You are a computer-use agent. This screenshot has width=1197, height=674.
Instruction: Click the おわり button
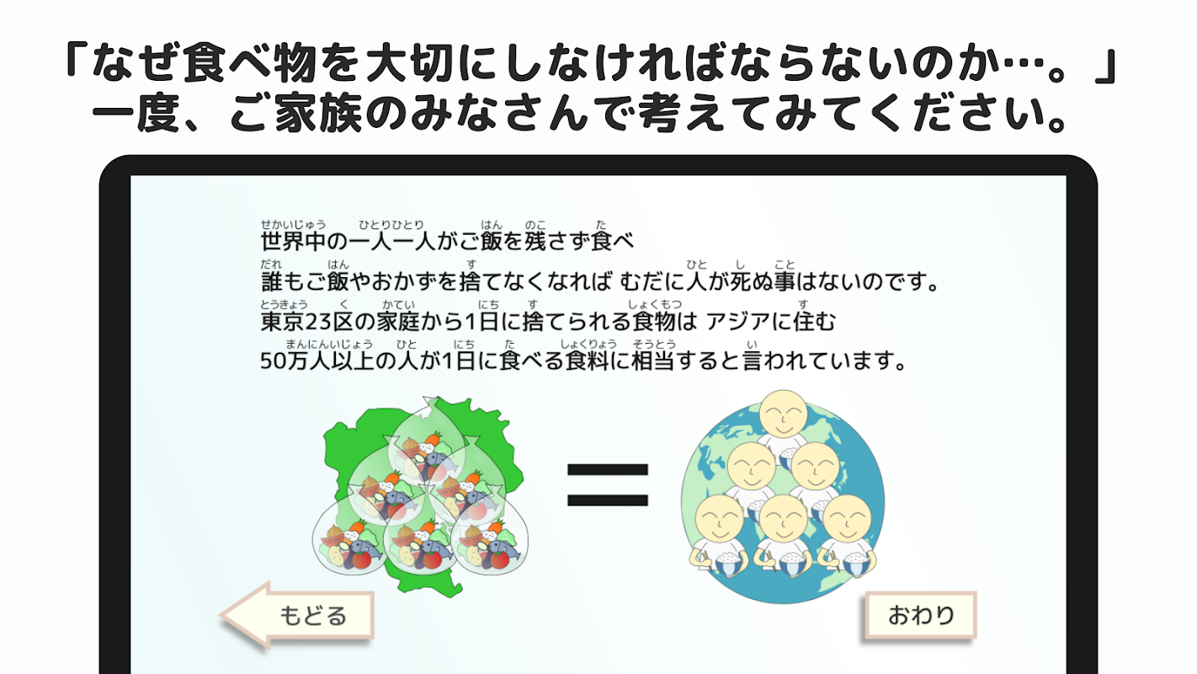pos(921,615)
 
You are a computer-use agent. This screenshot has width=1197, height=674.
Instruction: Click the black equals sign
pos(608,484)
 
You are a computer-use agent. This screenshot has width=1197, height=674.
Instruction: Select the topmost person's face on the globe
pos(784,414)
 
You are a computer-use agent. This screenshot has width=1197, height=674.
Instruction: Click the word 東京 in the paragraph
pos(282,322)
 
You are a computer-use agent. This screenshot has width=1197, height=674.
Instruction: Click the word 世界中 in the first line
pos(293,241)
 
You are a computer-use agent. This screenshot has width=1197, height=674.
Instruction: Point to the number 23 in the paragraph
pos(318,322)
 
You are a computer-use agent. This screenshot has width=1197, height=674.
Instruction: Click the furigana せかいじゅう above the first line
pos(294,224)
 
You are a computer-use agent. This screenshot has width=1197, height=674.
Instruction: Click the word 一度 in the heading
pos(136,114)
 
